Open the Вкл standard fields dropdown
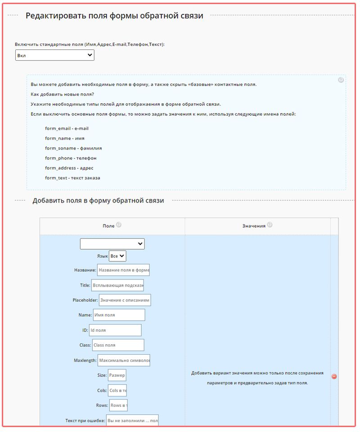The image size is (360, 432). point(54,55)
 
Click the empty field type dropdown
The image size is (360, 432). point(112,244)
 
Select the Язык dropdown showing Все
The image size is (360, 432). point(117,256)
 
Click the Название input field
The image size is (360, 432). point(123,270)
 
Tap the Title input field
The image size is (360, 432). point(117,285)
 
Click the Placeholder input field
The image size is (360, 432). point(125,300)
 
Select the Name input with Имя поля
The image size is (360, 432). point(119,315)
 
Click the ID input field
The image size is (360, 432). point(115,330)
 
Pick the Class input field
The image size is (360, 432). point(118,345)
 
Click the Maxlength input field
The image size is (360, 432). point(124,360)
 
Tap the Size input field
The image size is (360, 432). point(117,375)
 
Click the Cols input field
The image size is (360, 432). point(117,391)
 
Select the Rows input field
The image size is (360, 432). point(118,405)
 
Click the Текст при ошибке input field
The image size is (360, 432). point(132,420)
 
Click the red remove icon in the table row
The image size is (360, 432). point(334,377)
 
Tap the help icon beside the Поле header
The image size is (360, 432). point(119,225)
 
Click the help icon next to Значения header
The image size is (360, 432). point(270,225)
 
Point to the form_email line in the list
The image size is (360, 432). point(67,129)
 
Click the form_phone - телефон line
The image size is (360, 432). point(71,158)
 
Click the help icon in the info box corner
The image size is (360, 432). point(341,80)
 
